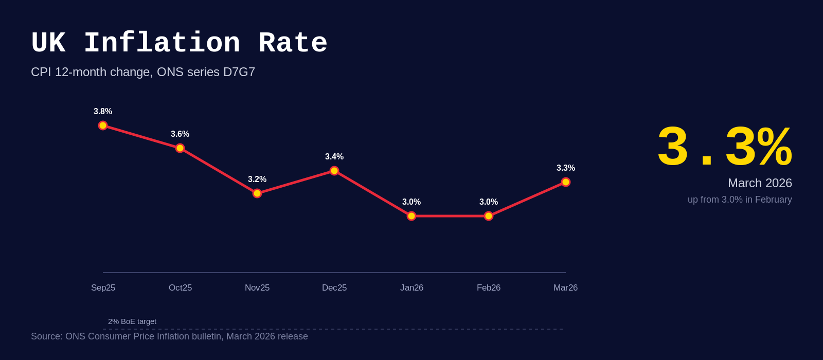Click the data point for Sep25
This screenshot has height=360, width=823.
click(103, 125)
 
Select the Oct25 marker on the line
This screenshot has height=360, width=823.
click(180, 148)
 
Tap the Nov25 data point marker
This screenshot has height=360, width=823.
click(257, 193)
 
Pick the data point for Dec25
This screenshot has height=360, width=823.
click(334, 171)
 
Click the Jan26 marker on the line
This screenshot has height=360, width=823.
click(411, 216)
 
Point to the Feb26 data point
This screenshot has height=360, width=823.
click(489, 216)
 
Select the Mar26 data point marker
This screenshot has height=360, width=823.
click(566, 182)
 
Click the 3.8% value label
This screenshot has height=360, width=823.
click(103, 112)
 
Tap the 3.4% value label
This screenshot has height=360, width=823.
click(334, 157)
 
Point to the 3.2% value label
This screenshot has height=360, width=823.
click(257, 179)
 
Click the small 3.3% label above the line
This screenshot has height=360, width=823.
click(566, 168)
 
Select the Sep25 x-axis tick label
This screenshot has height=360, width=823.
click(103, 288)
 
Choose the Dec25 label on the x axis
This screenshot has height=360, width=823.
click(334, 288)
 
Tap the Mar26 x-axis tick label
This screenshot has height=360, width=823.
click(565, 288)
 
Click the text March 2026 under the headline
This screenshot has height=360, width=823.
click(760, 183)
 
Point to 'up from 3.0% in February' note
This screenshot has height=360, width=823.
click(740, 200)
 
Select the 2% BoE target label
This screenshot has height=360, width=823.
click(132, 321)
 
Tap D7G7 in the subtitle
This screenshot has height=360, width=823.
click(239, 72)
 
